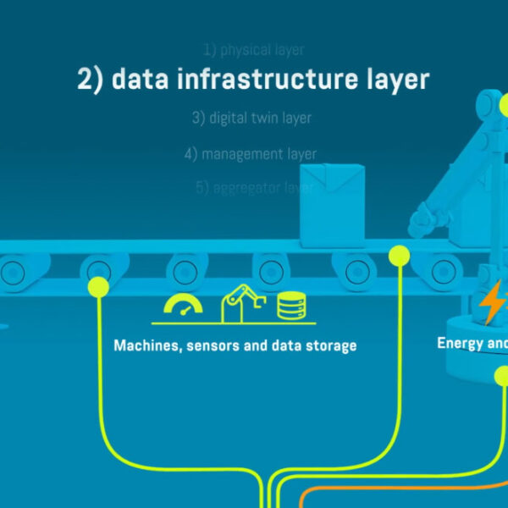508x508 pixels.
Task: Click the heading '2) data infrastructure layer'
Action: tap(253, 80)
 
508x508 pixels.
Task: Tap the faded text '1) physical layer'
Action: tap(253, 50)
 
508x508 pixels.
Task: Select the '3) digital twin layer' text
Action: tap(251, 119)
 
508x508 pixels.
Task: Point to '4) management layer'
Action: tap(251, 154)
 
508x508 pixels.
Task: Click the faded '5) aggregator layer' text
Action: tap(254, 188)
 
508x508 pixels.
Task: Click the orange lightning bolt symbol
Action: tap(490, 302)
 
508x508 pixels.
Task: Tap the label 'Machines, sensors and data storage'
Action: tap(235, 345)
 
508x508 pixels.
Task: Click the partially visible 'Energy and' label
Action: tap(472, 343)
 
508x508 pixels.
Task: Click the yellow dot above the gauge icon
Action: tap(98, 286)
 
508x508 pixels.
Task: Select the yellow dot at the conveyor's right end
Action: tap(399, 254)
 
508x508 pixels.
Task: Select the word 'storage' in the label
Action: tap(331, 345)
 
